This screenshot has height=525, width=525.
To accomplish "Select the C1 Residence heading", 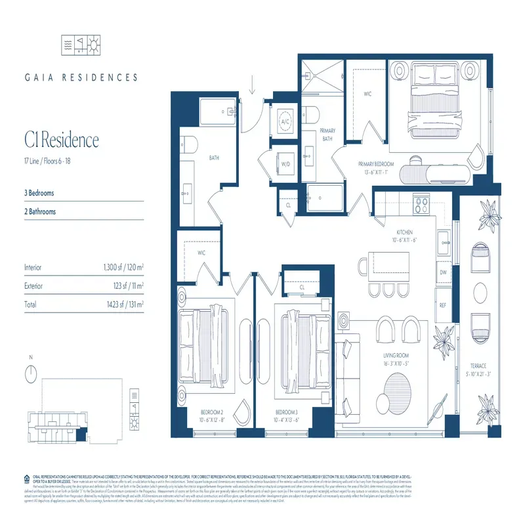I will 62,140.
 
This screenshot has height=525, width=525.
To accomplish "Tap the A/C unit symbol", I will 286,122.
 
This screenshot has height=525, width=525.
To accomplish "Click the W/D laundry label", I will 286,165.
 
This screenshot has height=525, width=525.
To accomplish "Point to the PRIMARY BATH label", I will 327,135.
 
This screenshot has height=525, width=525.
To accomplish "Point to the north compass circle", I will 30,374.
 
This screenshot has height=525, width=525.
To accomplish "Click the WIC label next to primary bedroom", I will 368,94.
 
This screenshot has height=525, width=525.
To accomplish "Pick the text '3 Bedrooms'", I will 39,194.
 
